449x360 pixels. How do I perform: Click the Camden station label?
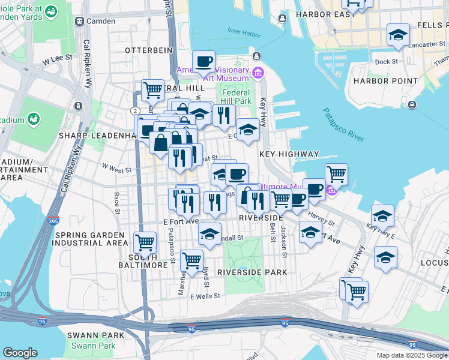100,21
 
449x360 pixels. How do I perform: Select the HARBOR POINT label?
385,81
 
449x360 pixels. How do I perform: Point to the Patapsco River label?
343,125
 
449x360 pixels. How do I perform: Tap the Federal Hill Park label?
236,97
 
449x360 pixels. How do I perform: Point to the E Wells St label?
205,296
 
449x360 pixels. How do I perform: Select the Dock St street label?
385,61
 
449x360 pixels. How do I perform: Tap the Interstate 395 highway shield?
53,220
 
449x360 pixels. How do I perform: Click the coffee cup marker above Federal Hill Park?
203,61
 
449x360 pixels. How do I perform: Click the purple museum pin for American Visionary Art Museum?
258,74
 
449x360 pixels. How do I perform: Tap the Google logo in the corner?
20,353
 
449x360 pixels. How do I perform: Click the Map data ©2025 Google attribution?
411,355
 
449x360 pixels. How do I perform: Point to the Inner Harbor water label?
242,31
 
